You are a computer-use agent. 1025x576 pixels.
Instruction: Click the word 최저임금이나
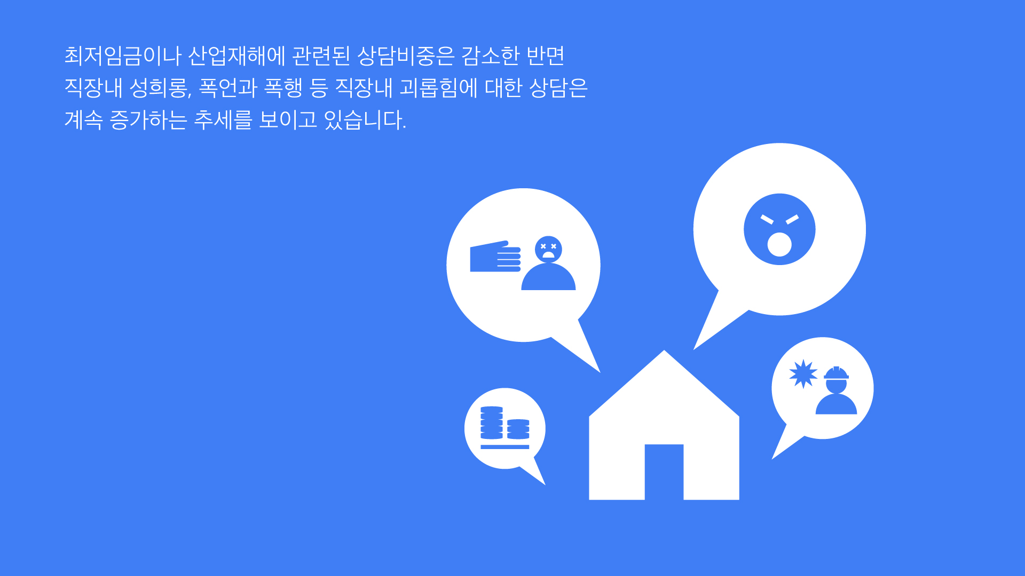(123, 55)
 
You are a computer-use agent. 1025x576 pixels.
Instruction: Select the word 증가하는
(148, 120)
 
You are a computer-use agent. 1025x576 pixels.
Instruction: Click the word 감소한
(490, 55)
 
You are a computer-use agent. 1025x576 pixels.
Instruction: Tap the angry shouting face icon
(779, 229)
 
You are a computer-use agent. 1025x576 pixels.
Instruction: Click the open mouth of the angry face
(779, 244)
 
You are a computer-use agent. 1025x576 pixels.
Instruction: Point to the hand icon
(495, 257)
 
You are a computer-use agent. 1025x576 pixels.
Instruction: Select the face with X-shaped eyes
(548, 249)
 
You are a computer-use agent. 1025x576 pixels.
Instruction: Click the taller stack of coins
(492, 423)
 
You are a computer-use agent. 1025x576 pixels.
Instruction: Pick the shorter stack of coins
(518, 429)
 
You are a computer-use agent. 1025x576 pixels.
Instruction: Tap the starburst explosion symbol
(803, 374)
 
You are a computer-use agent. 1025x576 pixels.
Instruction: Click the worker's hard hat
(836, 373)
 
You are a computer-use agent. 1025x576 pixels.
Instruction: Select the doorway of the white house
(664, 472)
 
